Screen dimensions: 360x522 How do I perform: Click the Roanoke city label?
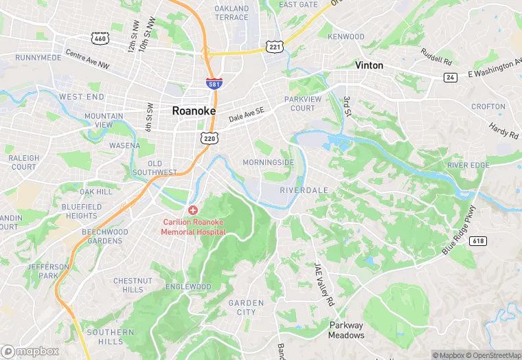tap(194, 111)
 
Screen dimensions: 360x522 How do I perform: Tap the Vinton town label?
tap(369, 65)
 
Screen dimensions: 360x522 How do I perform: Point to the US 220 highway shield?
tap(209, 139)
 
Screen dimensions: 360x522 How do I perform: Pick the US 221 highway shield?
tap(273, 46)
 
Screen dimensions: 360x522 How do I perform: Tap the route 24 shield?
tap(450, 78)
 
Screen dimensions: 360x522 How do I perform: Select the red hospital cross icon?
tap(193, 210)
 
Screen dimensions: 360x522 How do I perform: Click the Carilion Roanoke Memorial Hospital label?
tap(193, 227)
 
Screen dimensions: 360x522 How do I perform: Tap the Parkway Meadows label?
tap(347, 330)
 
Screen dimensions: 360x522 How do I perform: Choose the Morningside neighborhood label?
tap(268, 163)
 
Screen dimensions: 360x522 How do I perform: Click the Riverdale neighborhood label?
tap(304, 190)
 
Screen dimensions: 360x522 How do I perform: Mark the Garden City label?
tap(246, 307)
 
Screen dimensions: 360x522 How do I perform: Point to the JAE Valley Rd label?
tap(324, 284)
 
